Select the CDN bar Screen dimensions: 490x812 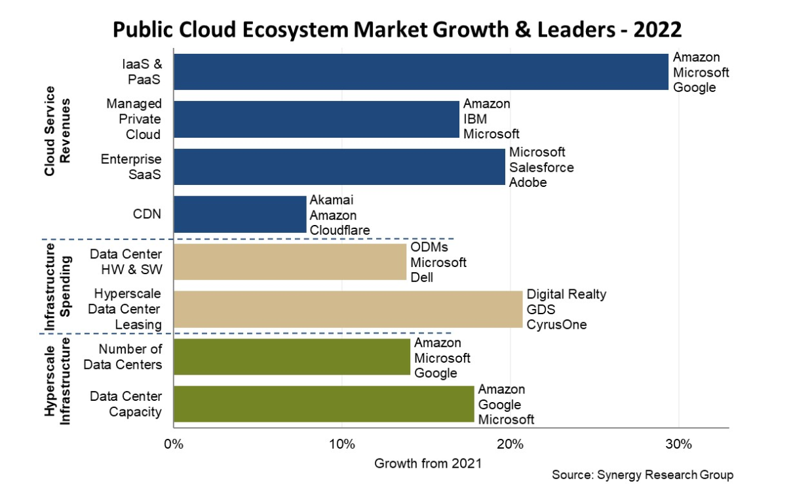pos(240,214)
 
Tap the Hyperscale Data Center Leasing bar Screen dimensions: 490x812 pos(348,309)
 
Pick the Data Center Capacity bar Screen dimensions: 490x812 pos(324,404)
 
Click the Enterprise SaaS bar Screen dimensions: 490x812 pos(339,167)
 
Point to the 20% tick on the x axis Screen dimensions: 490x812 pos(510,444)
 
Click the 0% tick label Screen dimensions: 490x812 pos(173,444)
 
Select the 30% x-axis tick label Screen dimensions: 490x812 pos(678,444)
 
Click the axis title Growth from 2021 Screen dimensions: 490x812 pos(428,463)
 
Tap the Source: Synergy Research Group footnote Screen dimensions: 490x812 pos(642,475)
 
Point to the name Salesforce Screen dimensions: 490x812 pos(541,167)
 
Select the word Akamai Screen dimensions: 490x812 pos(332,200)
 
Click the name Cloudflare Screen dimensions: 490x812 pos(339,230)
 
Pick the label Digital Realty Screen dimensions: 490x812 pos(566,295)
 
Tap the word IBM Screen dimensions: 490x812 pos(475,119)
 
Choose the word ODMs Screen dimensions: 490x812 pos(429,247)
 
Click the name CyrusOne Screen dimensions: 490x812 pos(556,325)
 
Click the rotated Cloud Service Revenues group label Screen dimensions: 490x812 pos(58,131)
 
